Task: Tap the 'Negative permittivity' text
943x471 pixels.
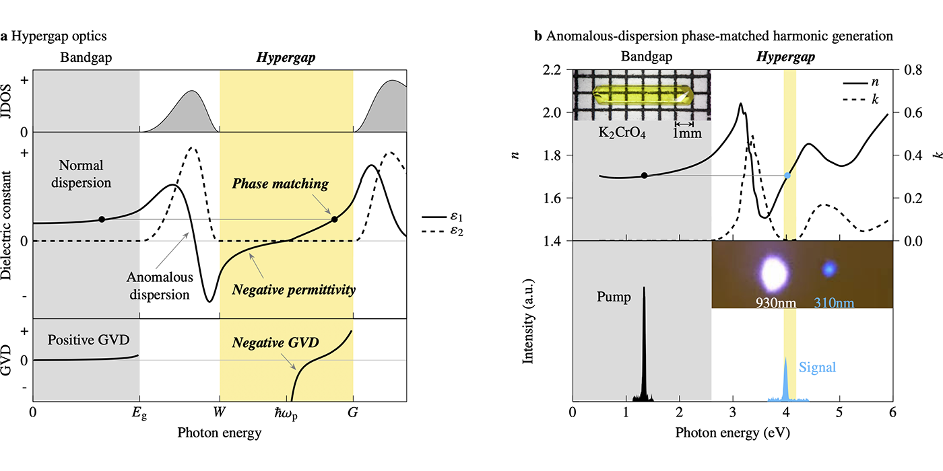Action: (293, 290)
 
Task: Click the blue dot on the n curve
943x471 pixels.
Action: (787, 176)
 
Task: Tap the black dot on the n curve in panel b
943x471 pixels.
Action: (645, 176)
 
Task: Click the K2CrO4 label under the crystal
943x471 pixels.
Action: (622, 132)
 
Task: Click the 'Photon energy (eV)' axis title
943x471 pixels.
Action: (731, 433)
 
